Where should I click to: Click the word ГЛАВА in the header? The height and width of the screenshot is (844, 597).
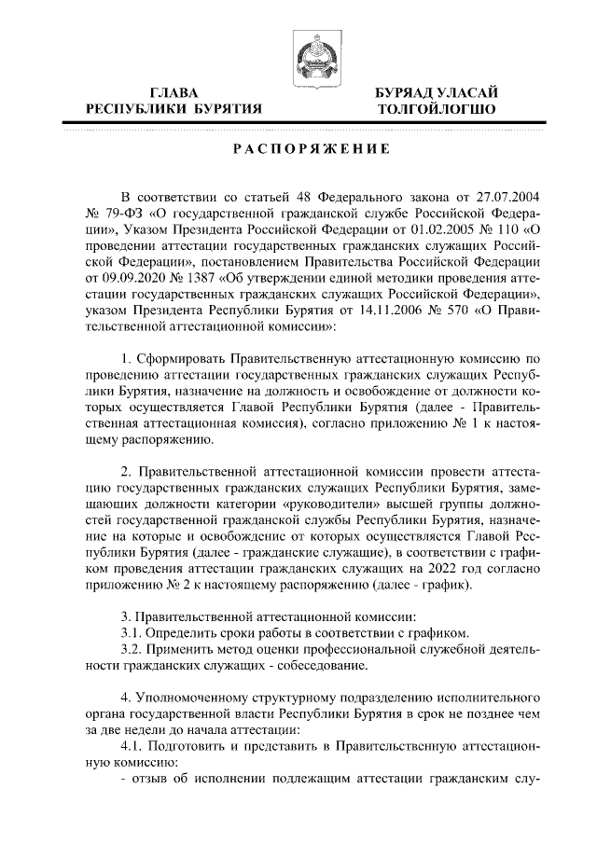click(x=174, y=92)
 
